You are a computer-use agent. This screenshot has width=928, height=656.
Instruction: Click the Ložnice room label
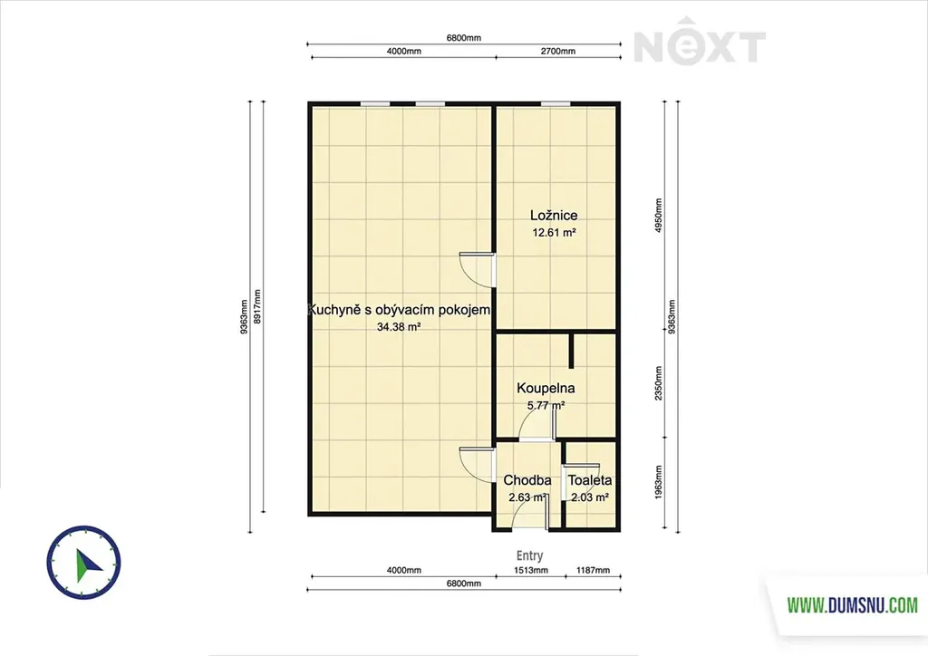[554, 216]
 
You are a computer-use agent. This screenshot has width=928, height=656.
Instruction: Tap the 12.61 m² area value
[554, 233]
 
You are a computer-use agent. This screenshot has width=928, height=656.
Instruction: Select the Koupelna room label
[546, 388]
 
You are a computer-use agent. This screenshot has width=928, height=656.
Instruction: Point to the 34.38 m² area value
[399, 326]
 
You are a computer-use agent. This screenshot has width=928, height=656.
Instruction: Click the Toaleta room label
[590, 480]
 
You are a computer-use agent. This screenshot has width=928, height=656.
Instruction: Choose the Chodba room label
[527, 480]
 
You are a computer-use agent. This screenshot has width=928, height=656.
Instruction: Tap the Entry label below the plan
[529, 555]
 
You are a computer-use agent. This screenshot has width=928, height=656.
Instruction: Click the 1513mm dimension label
[531, 570]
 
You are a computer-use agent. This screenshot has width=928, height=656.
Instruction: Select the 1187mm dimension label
[593, 570]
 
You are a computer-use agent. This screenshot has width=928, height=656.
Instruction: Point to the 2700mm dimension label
[558, 51]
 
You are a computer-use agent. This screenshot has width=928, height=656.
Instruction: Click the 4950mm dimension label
[659, 216]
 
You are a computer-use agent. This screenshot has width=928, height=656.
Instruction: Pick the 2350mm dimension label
[659, 383]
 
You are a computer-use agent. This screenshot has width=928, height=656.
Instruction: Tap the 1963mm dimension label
[659, 482]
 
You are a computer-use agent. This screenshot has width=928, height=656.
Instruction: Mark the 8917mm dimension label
[256, 306]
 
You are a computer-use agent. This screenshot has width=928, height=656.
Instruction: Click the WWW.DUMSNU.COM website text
[852, 605]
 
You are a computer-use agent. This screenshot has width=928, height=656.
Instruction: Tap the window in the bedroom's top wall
[556, 104]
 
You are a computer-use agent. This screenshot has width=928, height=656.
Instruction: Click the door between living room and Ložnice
[477, 270]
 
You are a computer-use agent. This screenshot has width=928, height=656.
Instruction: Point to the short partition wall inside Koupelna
[572, 351]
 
